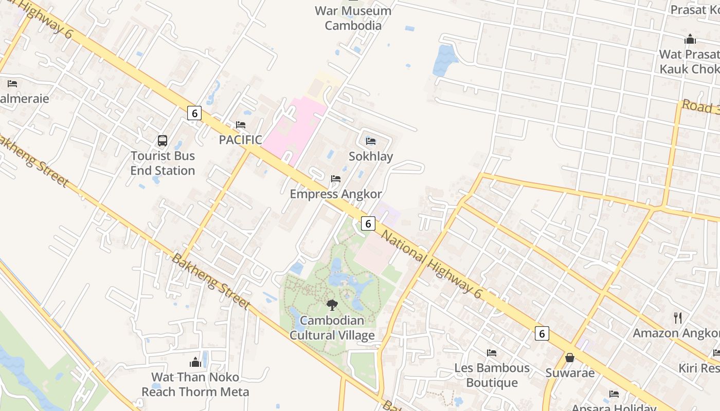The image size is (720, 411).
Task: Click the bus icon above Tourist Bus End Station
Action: pyautogui.click(x=163, y=140)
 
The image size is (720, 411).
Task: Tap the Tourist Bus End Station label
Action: pyautogui.click(x=163, y=163)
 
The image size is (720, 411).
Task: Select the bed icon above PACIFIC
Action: pyautogui.click(x=240, y=125)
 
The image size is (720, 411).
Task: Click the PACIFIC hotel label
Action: pyautogui.click(x=240, y=140)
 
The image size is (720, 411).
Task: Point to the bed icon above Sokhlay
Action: pyautogui.click(x=370, y=141)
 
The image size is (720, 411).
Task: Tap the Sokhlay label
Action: pyautogui.click(x=370, y=156)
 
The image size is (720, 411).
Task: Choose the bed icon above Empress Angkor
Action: pyautogui.click(x=336, y=179)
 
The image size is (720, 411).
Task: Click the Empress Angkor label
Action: pyautogui.click(x=336, y=194)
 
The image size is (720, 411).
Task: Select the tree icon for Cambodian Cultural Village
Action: pyautogui.click(x=332, y=305)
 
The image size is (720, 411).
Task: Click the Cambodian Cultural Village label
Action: pyautogui.click(x=332, y=328)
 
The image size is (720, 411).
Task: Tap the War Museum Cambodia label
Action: pyautogui.click(x=353, y=18)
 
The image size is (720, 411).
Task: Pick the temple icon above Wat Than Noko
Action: pyautogui.click(x=195, y=362)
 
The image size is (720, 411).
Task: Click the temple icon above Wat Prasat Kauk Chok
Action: pyautogui.click(x=690, y=39)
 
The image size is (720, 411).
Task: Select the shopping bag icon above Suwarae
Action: pyautogui.click(x=570, y=358)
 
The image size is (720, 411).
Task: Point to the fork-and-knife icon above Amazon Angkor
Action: pyautogui.click(x=678, y=318)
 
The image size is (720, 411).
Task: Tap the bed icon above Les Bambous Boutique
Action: pyautogui.click(x=492, y=353)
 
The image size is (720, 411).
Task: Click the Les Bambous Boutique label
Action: pyautogui.click(x=492, y=375)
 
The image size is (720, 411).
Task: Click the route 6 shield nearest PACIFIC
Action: pyautogui.click(x=194, y=113)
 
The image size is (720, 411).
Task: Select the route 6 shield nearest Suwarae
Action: pyautogui.click(x=541, y=333)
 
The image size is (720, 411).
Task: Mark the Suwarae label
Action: pyautogui.click(x=570, y=373)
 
